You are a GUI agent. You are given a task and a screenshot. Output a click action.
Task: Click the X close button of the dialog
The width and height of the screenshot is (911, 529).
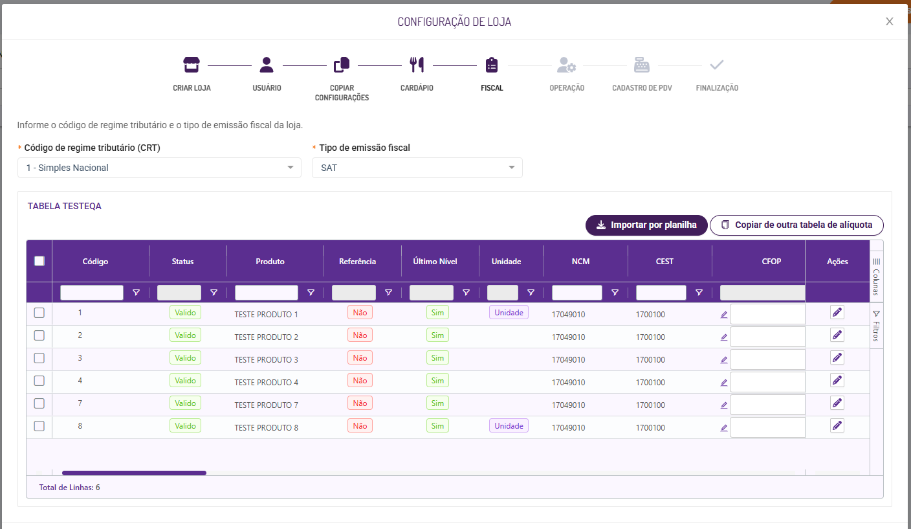(x=890, y=21)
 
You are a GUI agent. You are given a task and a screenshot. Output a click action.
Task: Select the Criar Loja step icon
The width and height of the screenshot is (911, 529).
(x=192, y=65)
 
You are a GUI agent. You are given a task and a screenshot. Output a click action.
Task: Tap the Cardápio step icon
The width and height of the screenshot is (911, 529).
(x=417, y=65)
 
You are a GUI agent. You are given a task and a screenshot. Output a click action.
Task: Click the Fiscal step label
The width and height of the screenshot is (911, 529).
(x=492, y=88)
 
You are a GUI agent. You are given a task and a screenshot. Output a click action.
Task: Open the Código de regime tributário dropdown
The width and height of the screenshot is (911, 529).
(x=159, y=168)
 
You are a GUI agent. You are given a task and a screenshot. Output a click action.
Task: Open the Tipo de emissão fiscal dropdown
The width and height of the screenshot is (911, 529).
(x=417, y=168)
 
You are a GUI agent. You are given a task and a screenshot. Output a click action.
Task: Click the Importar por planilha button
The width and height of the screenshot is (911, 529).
(x=646, y=225)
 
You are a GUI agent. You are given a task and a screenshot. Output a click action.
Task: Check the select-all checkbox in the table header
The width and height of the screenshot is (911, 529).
(x=39, y=261)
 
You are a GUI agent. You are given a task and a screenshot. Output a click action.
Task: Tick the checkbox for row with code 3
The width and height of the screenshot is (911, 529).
(x=39, y=358)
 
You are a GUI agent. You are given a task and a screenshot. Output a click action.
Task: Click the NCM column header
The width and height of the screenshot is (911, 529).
(x=580, y=262)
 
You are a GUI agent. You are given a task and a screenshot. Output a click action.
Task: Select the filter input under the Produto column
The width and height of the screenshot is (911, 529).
(x=267, y=293)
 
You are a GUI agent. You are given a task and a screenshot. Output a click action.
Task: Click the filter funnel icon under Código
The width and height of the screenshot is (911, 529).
(x=136, y=293)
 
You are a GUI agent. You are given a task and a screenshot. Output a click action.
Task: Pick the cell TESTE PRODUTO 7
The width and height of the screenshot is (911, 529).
(x=267, y=405)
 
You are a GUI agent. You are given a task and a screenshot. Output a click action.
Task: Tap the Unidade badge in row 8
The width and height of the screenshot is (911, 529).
(x=509, y=426)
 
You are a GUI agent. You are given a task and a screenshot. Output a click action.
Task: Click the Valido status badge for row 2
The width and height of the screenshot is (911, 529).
(x=185, y=335)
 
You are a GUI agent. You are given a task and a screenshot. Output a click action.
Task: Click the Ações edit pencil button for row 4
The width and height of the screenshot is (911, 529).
(x=837, y=381)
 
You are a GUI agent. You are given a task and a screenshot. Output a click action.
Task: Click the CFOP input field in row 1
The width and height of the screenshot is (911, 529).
(x=767, y=315)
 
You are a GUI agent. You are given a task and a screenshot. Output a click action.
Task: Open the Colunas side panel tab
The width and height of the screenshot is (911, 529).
(x=876, y=275)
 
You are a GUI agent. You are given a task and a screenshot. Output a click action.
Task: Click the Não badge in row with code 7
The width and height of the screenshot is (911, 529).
(x=360, y=403)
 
